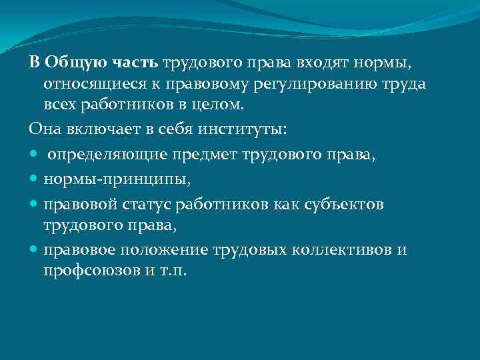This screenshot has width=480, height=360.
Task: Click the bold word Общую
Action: click(x=70, y=63)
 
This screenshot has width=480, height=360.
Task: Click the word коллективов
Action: click(x=351, y=250)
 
